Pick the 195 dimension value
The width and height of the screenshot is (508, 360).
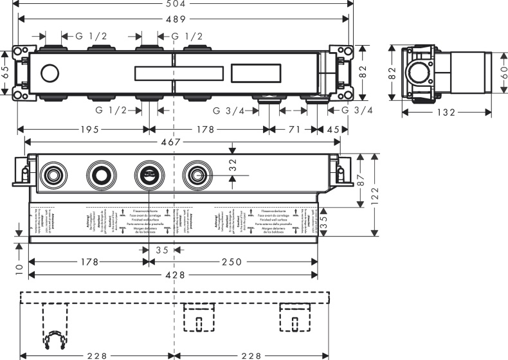(x=86, y=130)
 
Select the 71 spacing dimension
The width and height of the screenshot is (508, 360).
(x=294, y=130)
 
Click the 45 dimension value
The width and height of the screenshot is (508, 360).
(x=333, y=130)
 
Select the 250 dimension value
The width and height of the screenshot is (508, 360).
(x=233, y=262)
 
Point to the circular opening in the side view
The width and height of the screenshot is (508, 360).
(x=420, y=73)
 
